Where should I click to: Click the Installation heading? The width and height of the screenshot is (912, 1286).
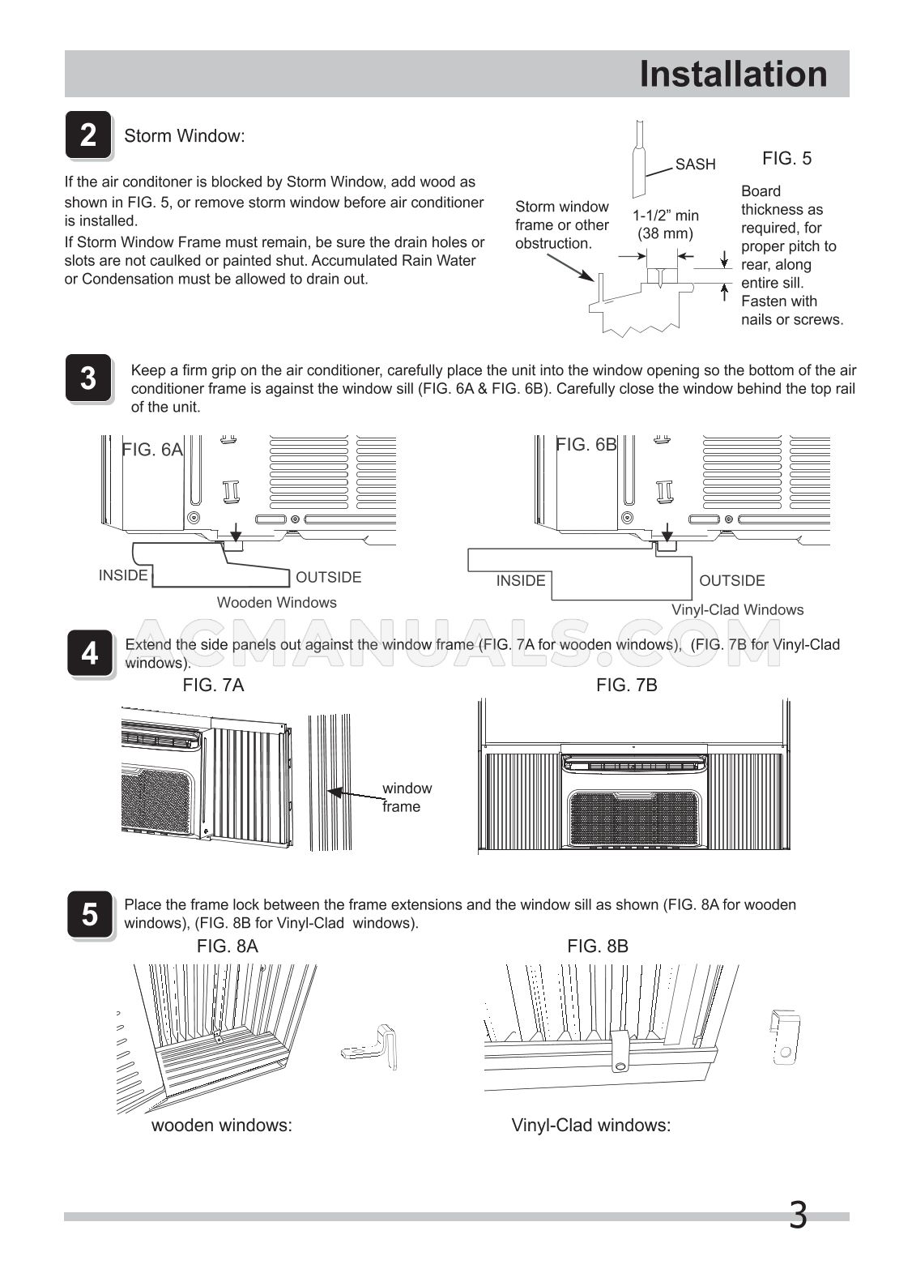(733, 75)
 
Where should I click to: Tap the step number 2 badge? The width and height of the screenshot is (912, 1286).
(87, 135)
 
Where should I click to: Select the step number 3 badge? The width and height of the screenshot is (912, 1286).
(87, 378)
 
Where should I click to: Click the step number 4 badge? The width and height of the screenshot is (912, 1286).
(89, 653)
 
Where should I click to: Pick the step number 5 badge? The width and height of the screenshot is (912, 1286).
(89, 915)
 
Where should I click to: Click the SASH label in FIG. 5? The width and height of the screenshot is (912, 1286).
(695, 164)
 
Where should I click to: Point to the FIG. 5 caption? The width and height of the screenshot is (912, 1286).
(786, 159)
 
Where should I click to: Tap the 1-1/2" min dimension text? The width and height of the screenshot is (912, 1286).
(665, 216)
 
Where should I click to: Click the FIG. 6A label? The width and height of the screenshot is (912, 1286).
(152, 450)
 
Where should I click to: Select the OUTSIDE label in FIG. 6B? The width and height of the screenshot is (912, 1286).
(731, 580)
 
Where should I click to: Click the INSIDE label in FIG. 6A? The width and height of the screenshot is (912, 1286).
(123, 575)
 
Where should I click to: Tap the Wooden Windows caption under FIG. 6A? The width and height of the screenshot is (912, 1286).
(276, 602)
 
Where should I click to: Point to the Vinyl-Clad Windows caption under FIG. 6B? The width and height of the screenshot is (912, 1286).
(737, 609)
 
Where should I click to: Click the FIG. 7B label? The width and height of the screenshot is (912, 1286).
(626, 686)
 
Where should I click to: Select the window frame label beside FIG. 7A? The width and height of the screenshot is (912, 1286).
(406, 797)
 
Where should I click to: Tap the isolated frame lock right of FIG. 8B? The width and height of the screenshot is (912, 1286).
(782, 1037)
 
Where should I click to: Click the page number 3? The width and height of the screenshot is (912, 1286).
(797, 1215)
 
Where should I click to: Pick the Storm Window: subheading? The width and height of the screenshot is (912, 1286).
(184, 136)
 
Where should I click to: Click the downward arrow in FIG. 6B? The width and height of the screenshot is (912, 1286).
(667, 533)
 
